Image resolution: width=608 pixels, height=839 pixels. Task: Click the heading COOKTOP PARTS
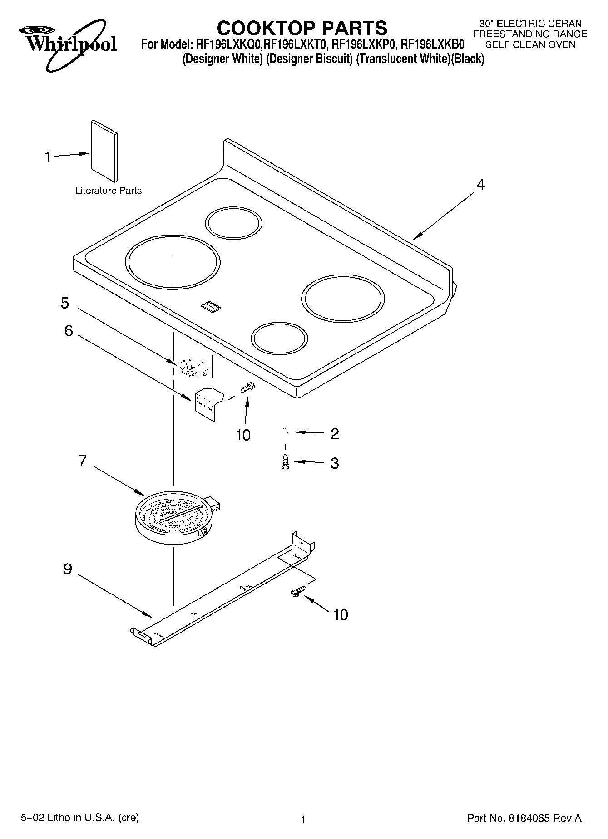pyautogui.click(x=302, y=28)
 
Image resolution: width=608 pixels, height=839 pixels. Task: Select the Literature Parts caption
pyautogui.click(x=108, y=191)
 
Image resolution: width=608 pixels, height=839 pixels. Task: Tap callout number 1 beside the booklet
pyautogui.click(x=48, y=157)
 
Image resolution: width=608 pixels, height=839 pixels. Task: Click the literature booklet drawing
pyautogui.click(x=104, y=151)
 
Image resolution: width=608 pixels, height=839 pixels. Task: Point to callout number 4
pyautogui.click(x=480, y=185)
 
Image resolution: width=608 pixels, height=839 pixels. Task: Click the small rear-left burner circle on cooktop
pyautogui.click(x=233, y=223)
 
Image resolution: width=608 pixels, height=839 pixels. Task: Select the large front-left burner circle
pyautogui.click(x=173, y=262)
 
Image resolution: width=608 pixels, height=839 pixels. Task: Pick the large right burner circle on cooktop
pyautogui.click(x=343, y=298)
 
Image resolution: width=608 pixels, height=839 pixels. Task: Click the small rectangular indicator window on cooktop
pyautogui.click(x=211, y=307)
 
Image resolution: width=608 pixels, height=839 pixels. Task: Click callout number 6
pyautogui.click(x=68, y=331)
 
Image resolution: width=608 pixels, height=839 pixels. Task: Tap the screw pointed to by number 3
pyautogui.click(x=286, y=462)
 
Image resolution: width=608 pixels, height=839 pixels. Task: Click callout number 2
pyautogui.click(x=335, y=434)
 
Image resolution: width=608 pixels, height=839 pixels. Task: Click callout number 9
pyautogui.click(x=68, y=569)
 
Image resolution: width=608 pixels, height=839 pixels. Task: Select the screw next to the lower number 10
pyautogui.click(x=298, y=591)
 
